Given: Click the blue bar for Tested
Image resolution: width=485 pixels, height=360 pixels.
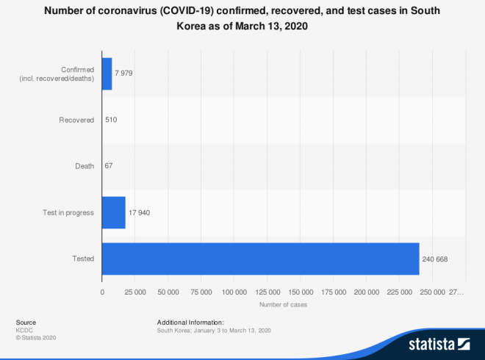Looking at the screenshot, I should pos(260,259).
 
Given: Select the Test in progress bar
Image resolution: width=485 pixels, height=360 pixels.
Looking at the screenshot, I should pos(113,212).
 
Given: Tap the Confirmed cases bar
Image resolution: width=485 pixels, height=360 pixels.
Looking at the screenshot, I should pos(107,74).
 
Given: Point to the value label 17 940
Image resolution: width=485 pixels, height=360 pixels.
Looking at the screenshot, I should pos(139,212).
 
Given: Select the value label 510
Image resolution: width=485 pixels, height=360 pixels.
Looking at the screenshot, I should pos(111,120).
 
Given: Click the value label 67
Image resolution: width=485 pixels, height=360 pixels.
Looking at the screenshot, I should pos(109,166).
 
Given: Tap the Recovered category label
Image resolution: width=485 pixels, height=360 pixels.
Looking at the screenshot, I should pos(76,120).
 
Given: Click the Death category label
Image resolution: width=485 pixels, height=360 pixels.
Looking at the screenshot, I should pos(85,166).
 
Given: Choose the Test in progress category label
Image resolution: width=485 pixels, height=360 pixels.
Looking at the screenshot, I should pos(69,212).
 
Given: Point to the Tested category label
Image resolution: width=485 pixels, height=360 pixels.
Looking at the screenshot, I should pos(83,259).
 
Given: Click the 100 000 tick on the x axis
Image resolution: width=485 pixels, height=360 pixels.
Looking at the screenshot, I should pos(234,292).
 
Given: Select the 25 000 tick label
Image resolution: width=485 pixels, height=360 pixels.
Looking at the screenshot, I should pos(135,292).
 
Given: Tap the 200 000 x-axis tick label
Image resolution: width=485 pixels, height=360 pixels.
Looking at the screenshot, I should pos(366,292).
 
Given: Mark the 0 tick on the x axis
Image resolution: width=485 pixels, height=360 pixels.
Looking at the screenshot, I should pos(102,292).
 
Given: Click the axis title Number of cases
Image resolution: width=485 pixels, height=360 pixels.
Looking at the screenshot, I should pos(283,304).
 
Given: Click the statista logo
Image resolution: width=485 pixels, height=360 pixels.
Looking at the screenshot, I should pos(439,343).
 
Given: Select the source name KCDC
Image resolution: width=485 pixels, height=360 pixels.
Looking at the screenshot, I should pos(24,331).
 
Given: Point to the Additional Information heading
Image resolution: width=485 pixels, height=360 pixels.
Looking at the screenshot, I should pos(190,323).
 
